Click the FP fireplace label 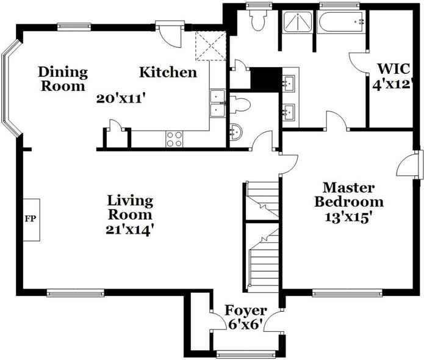click(31, 219)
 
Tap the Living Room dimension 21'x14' click(131, 230)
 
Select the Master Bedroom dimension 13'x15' click(347, 218)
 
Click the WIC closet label click(393, 69)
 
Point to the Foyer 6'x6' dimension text click(246, 324)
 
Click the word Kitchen click(168, 73)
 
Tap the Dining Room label click(63, 79)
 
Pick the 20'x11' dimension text click(119, 98)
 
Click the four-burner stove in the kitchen click(174, 139)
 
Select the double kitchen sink click(217, 103)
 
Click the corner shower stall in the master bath click(297, 23)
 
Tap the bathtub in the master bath click(341, 23)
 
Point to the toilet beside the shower click(257, 20)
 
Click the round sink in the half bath click(236, 132)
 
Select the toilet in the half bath click(240, 104)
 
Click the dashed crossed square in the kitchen click(210, 46)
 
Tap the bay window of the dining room click(11, 88)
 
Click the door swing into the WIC click(358, 62)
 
